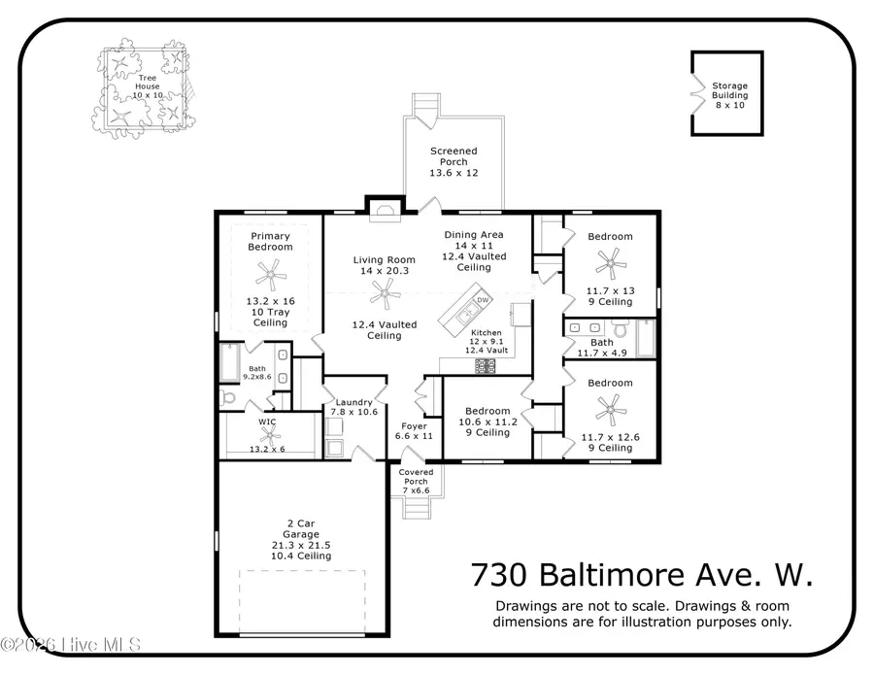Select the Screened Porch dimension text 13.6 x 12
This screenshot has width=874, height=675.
tap(454, 172)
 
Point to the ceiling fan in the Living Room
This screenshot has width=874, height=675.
tap(388, 290)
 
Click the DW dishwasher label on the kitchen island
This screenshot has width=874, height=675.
tap(482, 300)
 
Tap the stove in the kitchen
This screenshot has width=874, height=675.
tap(484, 366)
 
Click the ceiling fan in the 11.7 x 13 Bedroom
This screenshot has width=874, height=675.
tap(611, 259)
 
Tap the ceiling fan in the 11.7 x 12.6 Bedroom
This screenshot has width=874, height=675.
tap(611, 406)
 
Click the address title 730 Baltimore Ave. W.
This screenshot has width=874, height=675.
tap(642, 575)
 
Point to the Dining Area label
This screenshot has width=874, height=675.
tap(474, 235)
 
